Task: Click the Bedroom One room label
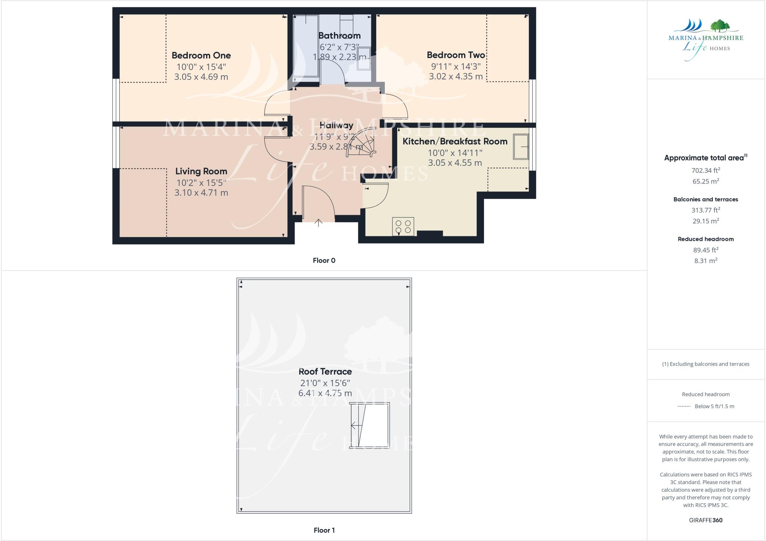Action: coord(201,55)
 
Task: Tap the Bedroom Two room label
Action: coord(456,55)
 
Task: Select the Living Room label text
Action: coord(201,171)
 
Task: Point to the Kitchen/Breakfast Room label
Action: coord(455,141)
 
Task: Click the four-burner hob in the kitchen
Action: coord(403,226)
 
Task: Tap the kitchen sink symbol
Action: coord(521,147)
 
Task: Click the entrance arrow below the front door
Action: coord(318,223)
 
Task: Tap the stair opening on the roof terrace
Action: coord(370,425)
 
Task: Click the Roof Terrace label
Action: coord(325,372)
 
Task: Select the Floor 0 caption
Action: coord(324,261)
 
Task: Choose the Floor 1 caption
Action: coord(324,530)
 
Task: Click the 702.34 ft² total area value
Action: coord(705,171)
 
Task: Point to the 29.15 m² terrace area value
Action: coord(705,221)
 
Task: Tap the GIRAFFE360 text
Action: coord(705,520)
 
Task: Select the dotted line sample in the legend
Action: coord(684,406)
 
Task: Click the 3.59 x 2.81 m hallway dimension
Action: coord(336,147)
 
